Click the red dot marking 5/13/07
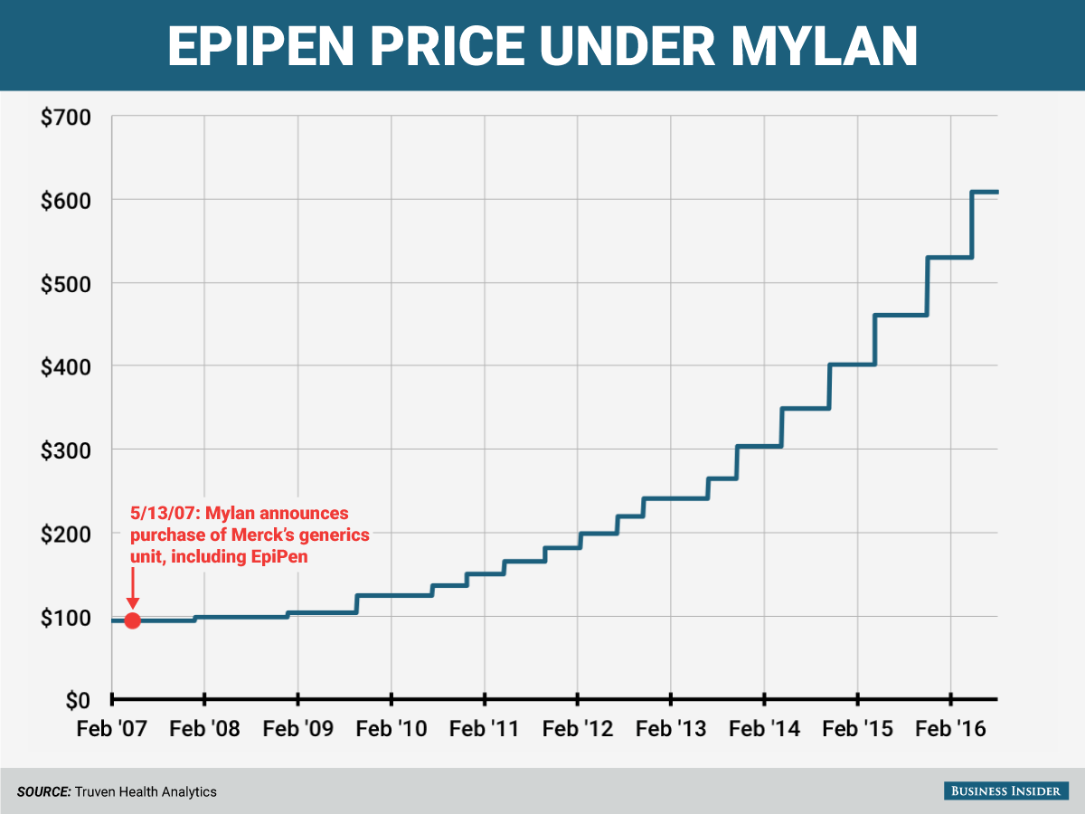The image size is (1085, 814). pyautogui.click(x=132, y=620)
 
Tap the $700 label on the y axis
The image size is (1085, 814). pyautogui.click(x=65, y=118)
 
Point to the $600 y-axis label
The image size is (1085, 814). pyautogui.click(x=65, y=200)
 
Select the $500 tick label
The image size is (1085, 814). pyautogui.click(x=65, y=283)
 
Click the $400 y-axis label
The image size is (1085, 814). pyautogui.click(x=65, y=366)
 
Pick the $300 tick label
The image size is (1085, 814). pyautogui.click(x=65, y=450)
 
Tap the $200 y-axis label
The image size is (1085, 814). pyautogui.click(x=65, y=534)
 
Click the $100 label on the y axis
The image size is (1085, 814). pyautogui.click(x=65, y=617)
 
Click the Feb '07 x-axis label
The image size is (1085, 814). pyautogui.click(x=111, y=728)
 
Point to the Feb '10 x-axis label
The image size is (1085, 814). pyautogui.click(x=392, y=728)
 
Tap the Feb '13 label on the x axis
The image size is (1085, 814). pyautogui.click(x=671, y=728)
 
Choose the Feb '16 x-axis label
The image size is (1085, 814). pyautogui.click(x=950, y=728)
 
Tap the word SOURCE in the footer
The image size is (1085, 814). pyautogui.click(x=43, y=791)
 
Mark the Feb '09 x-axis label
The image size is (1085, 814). pyautogui.click(x=297, y=728)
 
